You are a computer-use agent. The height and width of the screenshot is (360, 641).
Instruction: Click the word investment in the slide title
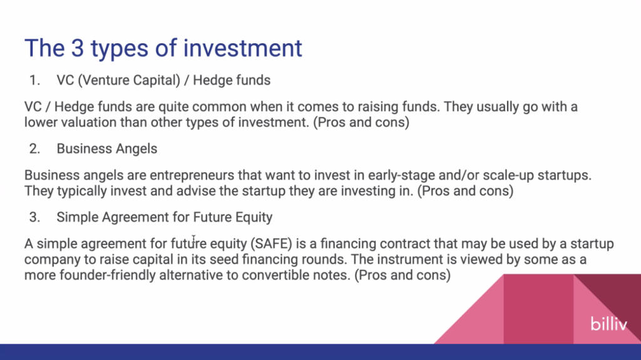[x=242, y=48]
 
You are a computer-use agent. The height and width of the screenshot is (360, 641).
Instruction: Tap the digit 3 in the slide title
[x=77, y=48]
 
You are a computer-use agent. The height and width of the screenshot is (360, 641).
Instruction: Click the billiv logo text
[x=608, y=324]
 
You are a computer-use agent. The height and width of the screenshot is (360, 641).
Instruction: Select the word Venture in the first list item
[x=105, y=80]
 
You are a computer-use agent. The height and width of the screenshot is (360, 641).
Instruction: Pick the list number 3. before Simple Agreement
[x=35, y=217]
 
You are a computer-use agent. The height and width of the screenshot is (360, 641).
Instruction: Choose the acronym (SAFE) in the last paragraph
[x=272, y=244]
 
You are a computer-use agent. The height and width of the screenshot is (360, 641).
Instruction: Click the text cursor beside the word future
[x=194, y=240]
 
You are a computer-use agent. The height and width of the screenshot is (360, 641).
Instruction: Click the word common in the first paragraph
[x=219, y=107]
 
